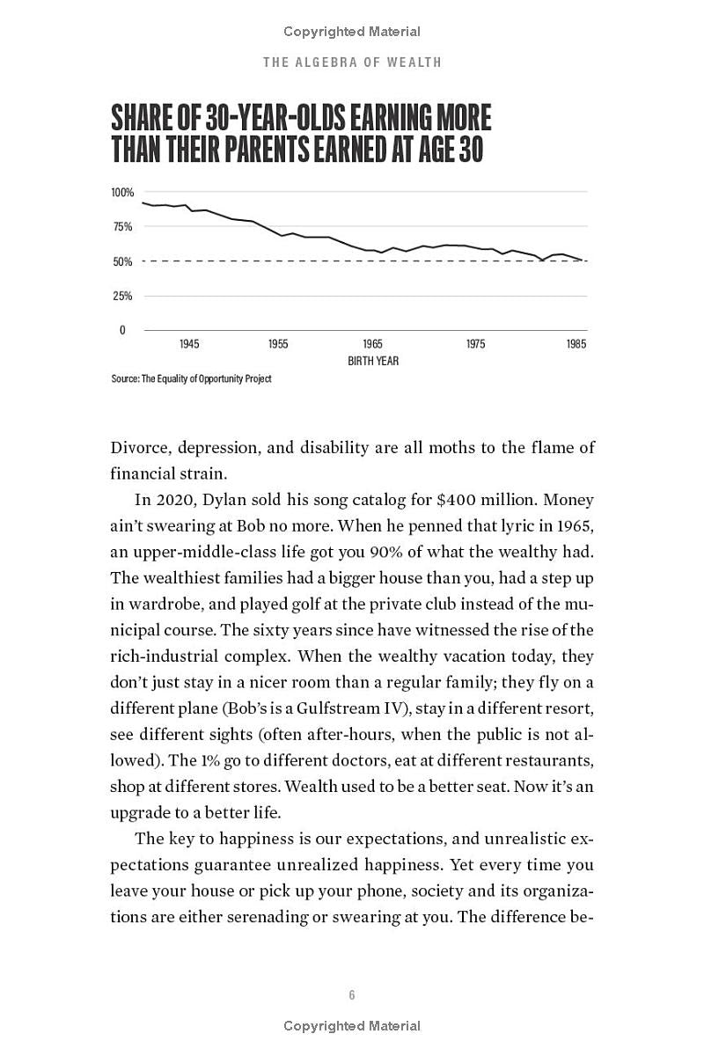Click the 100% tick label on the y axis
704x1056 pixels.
(122, 192)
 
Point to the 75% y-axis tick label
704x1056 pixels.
(122, 227)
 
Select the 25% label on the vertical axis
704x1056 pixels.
(122, 296)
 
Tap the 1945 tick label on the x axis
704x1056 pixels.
(189, 344)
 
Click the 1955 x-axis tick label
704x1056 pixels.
(278, 344)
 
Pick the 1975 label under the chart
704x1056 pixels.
(475, 344)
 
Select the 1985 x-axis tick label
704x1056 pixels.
(576, 344)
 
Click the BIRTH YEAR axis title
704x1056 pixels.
(373, 361)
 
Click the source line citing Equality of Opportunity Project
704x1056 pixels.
(191, 378)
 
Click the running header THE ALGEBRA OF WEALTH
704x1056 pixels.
(352, 62)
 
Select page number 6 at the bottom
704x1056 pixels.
(352, 995)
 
